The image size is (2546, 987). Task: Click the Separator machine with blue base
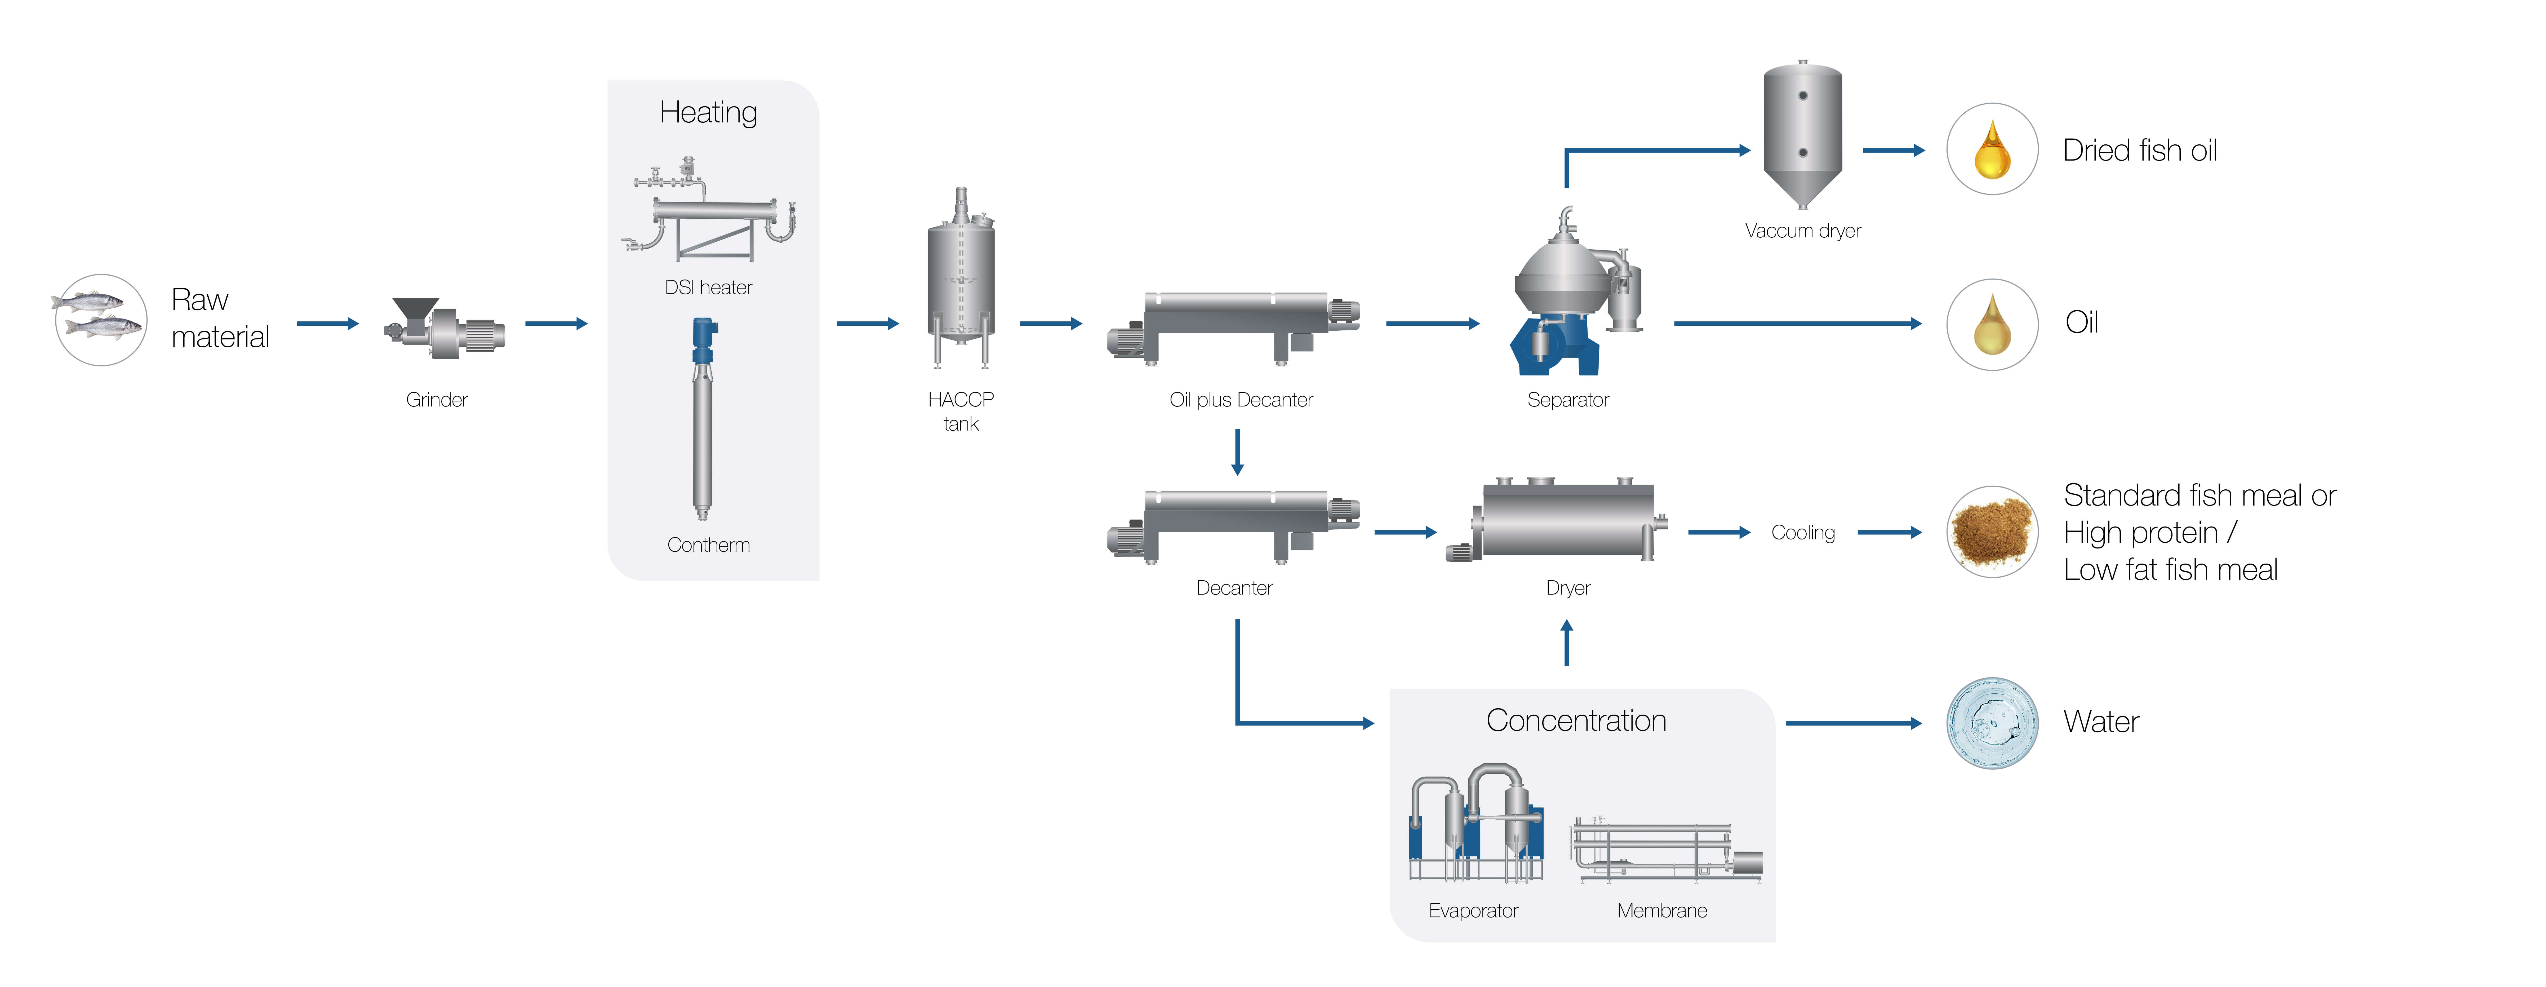[1571, 297]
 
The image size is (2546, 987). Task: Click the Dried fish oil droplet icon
[1992, 149]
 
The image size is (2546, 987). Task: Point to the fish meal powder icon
[1992, 532]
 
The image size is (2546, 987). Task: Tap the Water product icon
[1992, 723]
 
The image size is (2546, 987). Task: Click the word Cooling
[1803, 532]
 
